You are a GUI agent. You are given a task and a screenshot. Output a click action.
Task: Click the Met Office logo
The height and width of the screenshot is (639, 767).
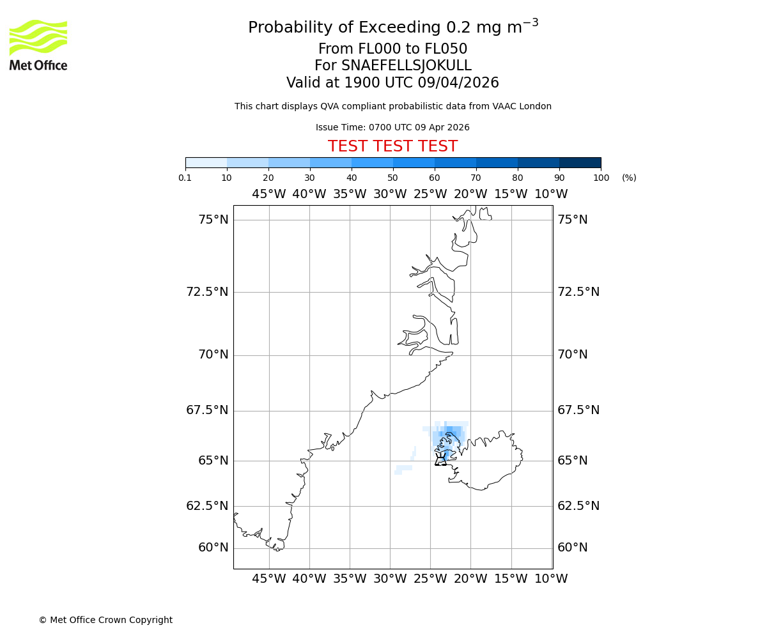(x=38, y=45)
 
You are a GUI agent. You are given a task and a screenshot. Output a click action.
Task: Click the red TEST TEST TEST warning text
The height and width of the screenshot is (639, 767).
(x=392, y=146)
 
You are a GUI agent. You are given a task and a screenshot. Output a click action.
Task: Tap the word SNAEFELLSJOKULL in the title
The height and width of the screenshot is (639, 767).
(x=407, y=66)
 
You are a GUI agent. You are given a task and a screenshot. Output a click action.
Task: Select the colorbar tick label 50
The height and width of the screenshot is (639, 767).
(x=392, y=178)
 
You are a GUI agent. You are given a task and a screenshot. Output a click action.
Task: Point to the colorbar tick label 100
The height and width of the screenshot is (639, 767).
(x=601, y=178)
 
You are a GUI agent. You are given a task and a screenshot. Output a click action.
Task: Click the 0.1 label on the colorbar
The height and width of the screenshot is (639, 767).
(x=185, y=178)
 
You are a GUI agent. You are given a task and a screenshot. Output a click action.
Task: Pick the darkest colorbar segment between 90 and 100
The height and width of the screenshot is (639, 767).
(x=580, y=162)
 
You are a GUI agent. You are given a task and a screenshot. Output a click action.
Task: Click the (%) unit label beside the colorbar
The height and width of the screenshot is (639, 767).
(x=629, y=178)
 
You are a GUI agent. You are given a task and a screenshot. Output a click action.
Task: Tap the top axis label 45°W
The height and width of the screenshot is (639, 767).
(x=268, y=194)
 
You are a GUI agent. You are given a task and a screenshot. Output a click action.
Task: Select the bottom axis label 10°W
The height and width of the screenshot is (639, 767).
(x=551, y=579)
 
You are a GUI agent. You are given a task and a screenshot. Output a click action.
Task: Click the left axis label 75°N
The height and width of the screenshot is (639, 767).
(x=213, y=220)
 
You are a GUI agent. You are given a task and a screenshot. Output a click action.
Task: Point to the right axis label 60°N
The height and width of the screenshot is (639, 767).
(x=573, y=548)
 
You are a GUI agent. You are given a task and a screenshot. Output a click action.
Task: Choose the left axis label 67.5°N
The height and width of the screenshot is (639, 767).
(x=207, y=410)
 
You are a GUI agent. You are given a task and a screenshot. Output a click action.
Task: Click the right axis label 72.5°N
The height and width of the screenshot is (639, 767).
(x=578, y=292)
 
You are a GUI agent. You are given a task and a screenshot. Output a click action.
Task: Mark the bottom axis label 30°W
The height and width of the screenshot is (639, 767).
(x=390, y=579)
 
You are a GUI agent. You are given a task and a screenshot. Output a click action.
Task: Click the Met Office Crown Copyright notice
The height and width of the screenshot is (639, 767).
(x=105, y=620)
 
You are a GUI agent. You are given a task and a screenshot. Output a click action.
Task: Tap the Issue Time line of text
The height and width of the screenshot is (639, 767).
(x=392, y=127)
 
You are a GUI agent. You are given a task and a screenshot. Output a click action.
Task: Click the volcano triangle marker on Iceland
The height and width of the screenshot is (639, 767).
(x=440, y=459)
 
